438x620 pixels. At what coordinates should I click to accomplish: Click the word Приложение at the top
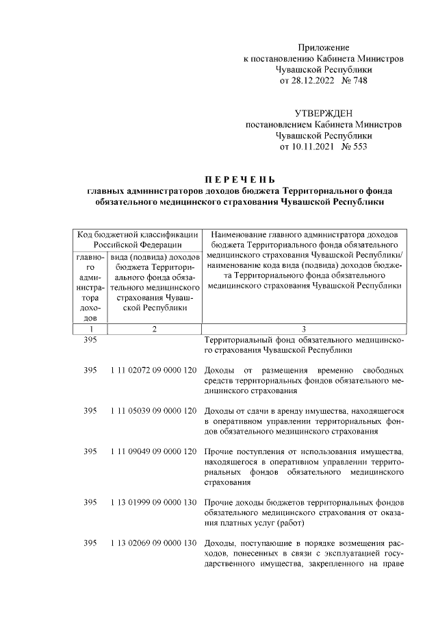click(324, 47)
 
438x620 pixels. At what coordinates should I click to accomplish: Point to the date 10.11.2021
click(307, 147)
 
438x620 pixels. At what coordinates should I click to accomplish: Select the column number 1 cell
click(90, 329)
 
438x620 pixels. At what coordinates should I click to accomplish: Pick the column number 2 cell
click(155, 329)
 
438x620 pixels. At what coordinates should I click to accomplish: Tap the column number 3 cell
click(304, 329)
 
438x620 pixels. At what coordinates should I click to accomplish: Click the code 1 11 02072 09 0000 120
click(153, 371)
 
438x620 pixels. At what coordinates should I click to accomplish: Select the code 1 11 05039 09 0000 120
click(153, 410)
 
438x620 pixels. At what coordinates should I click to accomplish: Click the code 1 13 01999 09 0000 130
click(153, 503)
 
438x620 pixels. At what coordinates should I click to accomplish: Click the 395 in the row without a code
click(90, 340)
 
